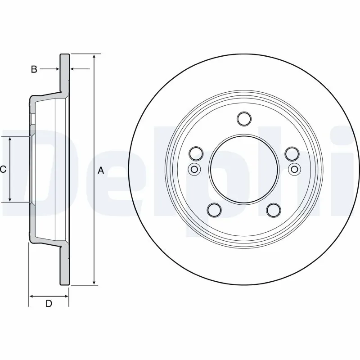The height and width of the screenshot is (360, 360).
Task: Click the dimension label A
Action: (101, 171)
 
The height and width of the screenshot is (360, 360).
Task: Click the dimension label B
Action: (34, 69)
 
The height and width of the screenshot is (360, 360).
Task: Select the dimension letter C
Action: (3, 170)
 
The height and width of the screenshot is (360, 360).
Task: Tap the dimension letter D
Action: (49, 304)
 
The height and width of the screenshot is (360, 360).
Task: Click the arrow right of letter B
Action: (56, 69)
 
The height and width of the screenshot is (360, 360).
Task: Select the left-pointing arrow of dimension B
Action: (74, 69)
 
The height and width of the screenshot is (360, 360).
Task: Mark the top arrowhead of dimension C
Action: (10, 139)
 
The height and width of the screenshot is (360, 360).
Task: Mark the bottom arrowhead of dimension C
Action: (10, 199)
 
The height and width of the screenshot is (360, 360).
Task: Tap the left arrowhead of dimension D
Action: (32, 296)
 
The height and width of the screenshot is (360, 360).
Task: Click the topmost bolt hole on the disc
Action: (243, 119)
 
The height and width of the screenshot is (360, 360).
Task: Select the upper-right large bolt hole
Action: (292, 153)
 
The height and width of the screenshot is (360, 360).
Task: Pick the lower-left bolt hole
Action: (214, 209)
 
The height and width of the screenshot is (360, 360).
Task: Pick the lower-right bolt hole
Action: (273, 209)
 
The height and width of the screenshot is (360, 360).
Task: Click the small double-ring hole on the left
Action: (194, 169)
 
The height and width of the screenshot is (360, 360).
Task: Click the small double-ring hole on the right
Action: (294, 169)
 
